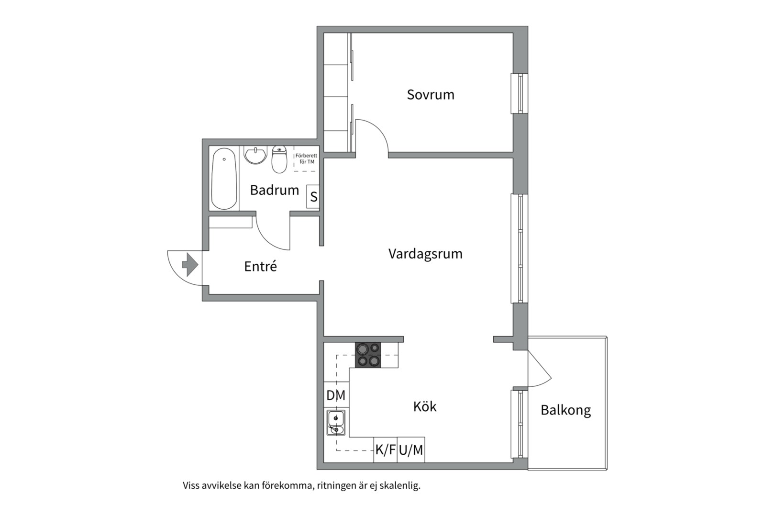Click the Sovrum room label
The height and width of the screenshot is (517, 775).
(431, 94)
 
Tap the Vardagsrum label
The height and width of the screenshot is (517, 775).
(425, 254)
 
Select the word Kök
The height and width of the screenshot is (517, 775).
(425, 406)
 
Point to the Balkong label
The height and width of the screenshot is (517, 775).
(565, 410)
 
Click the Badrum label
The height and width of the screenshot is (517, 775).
(275, 190)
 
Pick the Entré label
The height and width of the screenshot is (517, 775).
(260, 266)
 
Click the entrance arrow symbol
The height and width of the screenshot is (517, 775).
(190, 265)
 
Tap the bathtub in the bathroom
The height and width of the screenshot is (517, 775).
(224, 179)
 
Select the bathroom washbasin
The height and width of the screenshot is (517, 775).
(255, 155)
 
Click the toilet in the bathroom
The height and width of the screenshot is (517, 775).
(279, 159)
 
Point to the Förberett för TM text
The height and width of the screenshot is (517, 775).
(306, 158)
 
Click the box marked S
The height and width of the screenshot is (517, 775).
(313, 197)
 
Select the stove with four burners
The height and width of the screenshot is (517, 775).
(368, 355)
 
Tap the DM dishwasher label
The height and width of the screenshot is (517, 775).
(336, 395)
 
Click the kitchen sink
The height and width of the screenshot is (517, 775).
(336, 422)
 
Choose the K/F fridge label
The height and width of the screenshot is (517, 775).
(386, 450)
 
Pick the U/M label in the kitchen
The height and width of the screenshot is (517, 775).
(411, 450)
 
